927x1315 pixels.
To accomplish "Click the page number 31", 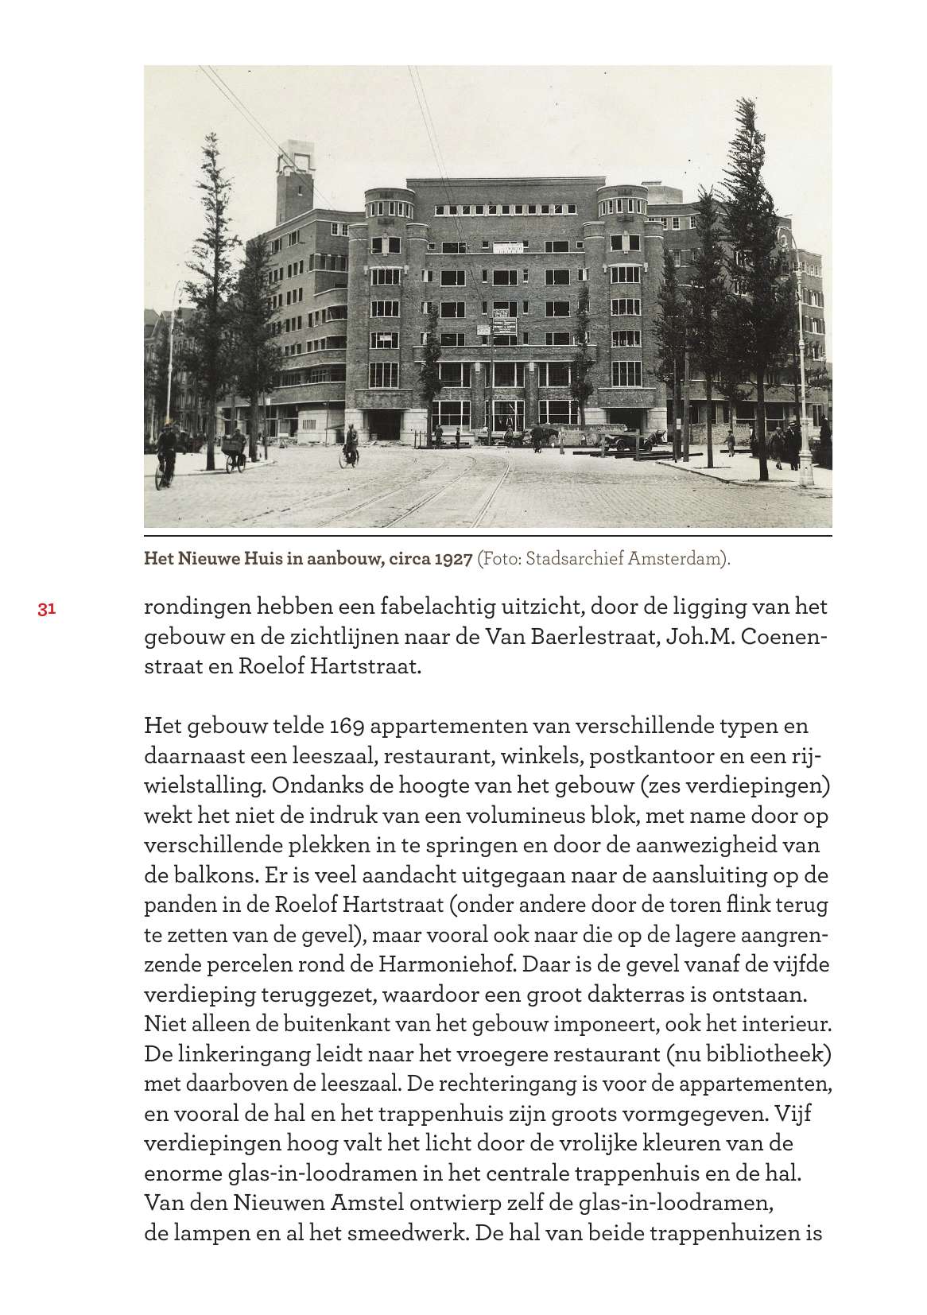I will pos(45,610).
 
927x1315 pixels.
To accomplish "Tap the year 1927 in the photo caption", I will pos(453,559).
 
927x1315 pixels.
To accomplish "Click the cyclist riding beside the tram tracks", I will pos(350,446).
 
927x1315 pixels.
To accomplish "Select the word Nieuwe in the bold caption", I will pos(204,559).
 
